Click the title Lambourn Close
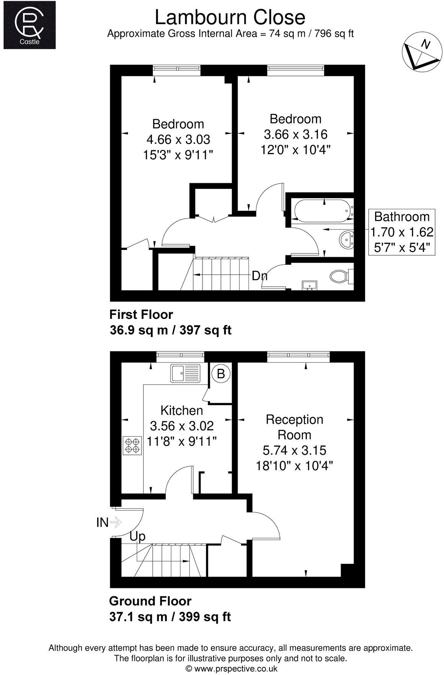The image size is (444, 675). point(230,17)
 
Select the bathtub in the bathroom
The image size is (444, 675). point(323,211)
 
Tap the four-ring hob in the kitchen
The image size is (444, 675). point(132,445)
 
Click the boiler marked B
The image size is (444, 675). point(221,373)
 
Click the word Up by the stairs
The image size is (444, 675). point(137,536)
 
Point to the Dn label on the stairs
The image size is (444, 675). point(259,276)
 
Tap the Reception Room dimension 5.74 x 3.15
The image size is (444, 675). point(294,450)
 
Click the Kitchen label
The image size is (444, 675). point(181,410)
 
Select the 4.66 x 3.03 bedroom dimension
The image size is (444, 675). point(178,139)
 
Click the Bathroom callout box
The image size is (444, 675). point(402,232)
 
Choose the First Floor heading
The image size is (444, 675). point(141,314)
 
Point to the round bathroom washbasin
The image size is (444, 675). point(347,240)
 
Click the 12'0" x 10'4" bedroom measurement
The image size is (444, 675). point(295,149)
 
